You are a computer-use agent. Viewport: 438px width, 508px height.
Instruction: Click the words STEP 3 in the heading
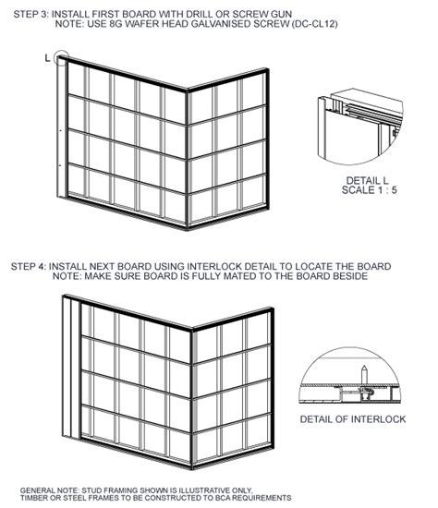click(30, 14)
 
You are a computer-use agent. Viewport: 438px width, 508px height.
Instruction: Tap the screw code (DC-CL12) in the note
click(314, 24)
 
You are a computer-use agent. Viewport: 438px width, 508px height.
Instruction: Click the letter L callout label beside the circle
click(48, 58)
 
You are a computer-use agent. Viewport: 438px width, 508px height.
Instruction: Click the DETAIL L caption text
click(367, 180)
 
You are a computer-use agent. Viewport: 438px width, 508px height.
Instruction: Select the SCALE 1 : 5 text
click(369, 190)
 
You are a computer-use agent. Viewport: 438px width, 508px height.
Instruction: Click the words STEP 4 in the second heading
click(29, 267)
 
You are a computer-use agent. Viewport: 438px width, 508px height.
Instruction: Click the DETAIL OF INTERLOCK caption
click(353, 419)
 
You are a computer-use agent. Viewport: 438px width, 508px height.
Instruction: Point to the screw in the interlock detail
click(365, 376)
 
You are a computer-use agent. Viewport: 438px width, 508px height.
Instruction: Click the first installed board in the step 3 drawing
click(62, 127)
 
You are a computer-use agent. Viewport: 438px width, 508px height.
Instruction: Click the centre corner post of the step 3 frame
click(187, 160)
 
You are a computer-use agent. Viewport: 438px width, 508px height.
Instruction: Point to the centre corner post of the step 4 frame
click(191, 398)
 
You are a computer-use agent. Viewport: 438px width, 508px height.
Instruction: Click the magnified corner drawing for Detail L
click(359, 127)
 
